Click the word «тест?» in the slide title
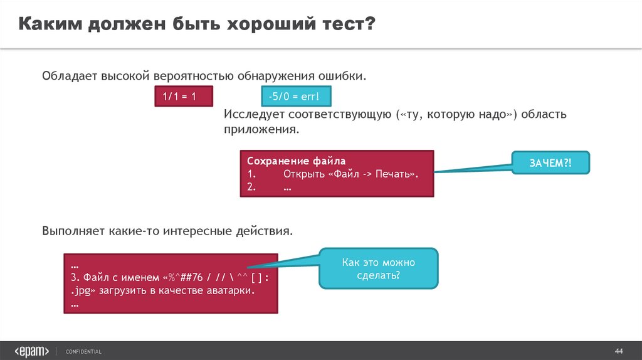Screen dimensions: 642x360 (345, 24)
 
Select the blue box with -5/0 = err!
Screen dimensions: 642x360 (294, 97)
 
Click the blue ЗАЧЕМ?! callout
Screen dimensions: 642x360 (551, 162)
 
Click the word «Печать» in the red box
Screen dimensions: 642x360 (395, 174)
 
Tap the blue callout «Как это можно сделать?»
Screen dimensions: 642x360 (379, 269)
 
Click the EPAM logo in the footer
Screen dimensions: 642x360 (31, 351)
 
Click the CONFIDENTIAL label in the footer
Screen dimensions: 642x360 (83, 351)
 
